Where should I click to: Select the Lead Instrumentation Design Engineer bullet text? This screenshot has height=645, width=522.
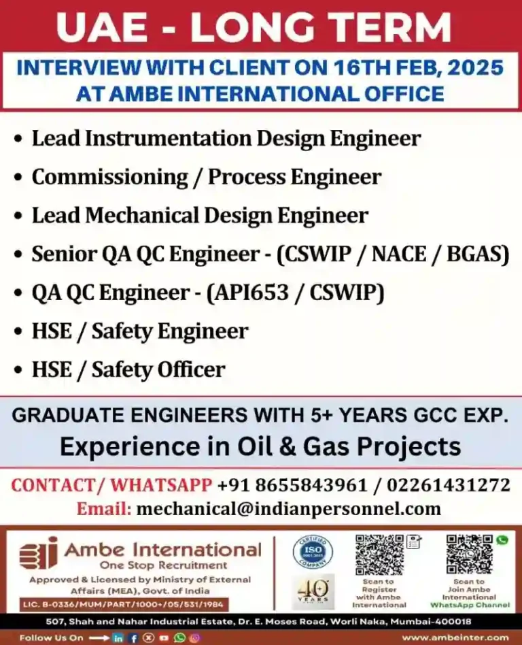point(226,139)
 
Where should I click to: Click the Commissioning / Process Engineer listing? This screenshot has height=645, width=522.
point(207,177)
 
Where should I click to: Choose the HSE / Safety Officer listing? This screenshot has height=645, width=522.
point(128,369)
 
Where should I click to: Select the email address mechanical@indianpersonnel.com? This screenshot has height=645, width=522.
point(289,508)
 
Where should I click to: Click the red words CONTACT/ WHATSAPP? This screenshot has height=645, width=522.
point(111,485)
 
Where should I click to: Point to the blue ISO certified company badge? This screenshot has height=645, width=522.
point(313,552)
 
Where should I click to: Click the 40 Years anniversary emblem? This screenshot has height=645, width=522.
point(313,591)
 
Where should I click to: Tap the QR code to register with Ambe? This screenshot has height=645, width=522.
point(379,555)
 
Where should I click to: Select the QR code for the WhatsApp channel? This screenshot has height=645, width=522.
point(468,555)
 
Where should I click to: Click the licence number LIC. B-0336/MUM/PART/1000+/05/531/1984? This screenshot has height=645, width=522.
point(123,605)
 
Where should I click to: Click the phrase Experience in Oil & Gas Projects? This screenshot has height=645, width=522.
point(260,447)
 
